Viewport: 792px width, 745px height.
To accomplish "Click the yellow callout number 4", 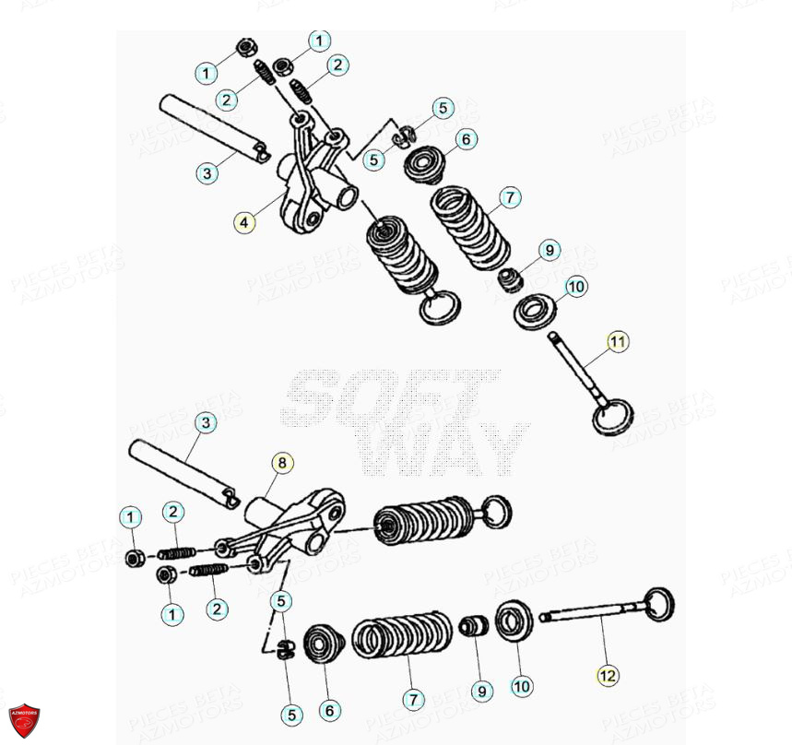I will (x=243, y=222).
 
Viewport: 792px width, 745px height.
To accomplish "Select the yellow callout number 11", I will (x=617, y=342).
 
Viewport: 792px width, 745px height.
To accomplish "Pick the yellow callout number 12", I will (x=606, y=676).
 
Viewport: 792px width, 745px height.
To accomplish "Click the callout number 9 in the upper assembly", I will (x=549, y=250).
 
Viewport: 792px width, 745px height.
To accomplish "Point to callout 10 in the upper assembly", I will (x=576, y=288).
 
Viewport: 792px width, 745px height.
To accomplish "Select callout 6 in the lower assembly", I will (x=329, y=711).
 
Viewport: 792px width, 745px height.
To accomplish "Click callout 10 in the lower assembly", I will (x=522, y=686).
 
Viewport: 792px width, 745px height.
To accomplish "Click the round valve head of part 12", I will (x=658, y=605).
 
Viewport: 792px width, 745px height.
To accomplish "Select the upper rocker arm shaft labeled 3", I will (x=211, y=129).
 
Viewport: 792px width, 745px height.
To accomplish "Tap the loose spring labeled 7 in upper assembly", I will (x=471, y=228).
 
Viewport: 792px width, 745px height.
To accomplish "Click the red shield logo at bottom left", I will (x=24, y=720).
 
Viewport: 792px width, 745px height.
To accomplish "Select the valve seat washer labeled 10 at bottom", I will (x=514, y=621).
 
